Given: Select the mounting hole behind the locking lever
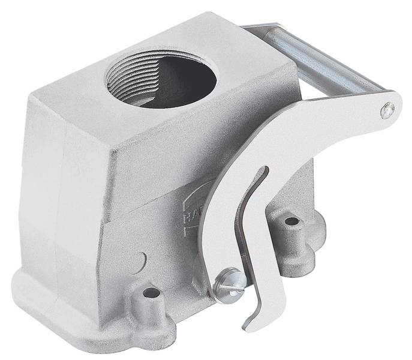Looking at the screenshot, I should click(x=292, y=222).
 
